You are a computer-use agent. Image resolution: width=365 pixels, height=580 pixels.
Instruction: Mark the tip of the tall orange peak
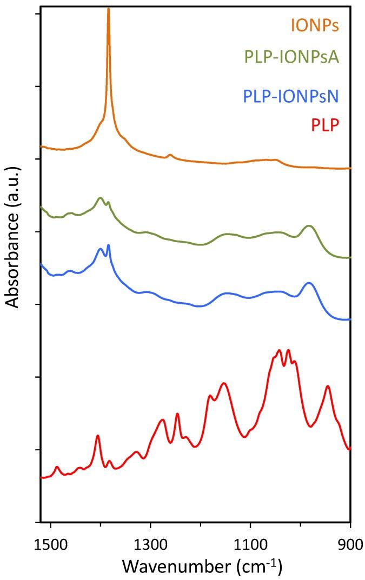click(x=108, y=9)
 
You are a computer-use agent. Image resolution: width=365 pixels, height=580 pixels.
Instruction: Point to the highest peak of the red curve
click(x=279, y=350)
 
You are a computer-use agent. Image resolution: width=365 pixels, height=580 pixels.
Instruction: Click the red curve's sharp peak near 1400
click(x=98, y=435)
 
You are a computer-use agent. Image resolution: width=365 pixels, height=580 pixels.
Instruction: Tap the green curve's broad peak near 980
click(x=309, y=226)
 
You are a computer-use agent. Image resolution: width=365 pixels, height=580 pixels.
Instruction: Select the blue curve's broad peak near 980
click(x=309, y=283)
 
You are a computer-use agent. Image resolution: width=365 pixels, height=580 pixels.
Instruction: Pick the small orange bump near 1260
click(x=170, y=155)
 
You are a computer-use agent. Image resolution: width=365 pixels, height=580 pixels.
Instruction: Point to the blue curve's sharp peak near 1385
click(x=109, y=245)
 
